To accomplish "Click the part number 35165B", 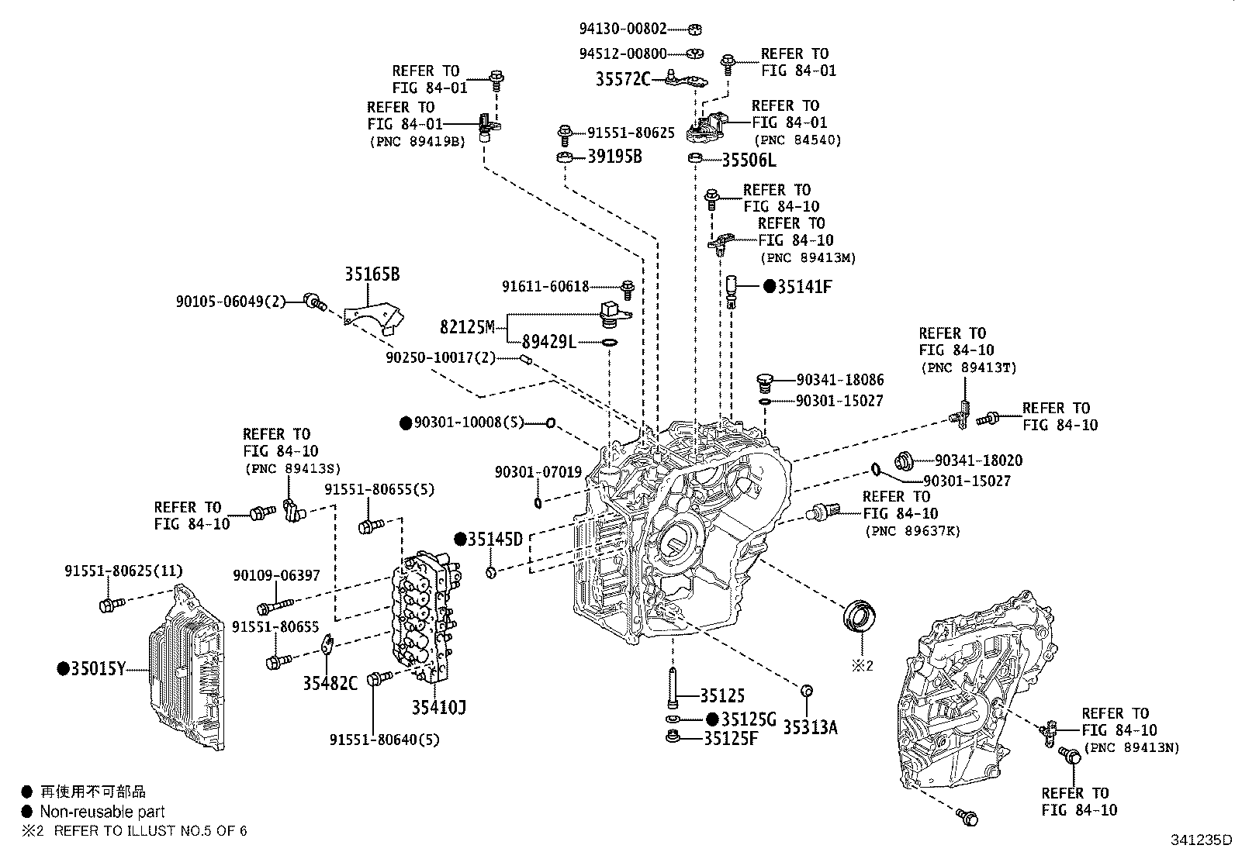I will tap(372, 275).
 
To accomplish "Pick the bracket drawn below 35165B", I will tap(374, 319).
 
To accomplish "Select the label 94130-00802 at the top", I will tap(622, 29).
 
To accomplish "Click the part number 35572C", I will tap(623, 78).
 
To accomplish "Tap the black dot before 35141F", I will tap(769, 287).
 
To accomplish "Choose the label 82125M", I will tap(467, 327).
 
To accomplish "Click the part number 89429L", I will tap(549, 342).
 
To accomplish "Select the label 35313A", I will tap(810, 727).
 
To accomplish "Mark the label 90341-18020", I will tap(978, 460).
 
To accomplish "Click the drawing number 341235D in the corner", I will tap(1201, 840).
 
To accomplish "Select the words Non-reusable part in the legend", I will tap(102, 812).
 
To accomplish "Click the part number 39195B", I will tap(614, 157).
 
